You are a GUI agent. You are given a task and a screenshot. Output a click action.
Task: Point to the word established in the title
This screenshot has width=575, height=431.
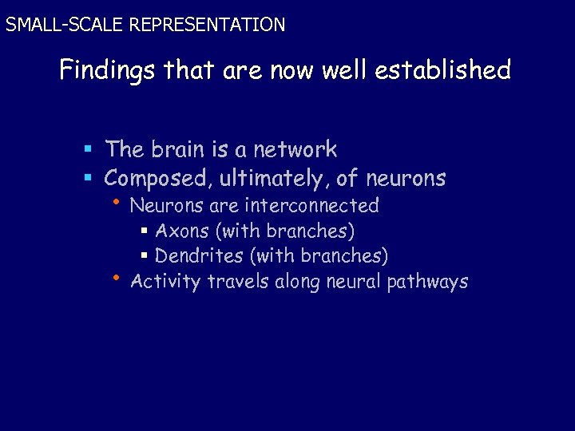coord(446,71)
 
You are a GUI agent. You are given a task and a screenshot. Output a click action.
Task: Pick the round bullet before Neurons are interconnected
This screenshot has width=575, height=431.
coord(117,200)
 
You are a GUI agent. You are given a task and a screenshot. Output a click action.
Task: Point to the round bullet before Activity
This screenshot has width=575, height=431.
coord(117,277)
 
